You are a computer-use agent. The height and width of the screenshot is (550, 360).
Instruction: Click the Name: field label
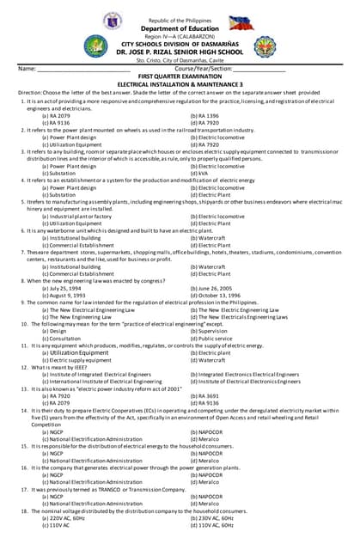[27, 68]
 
